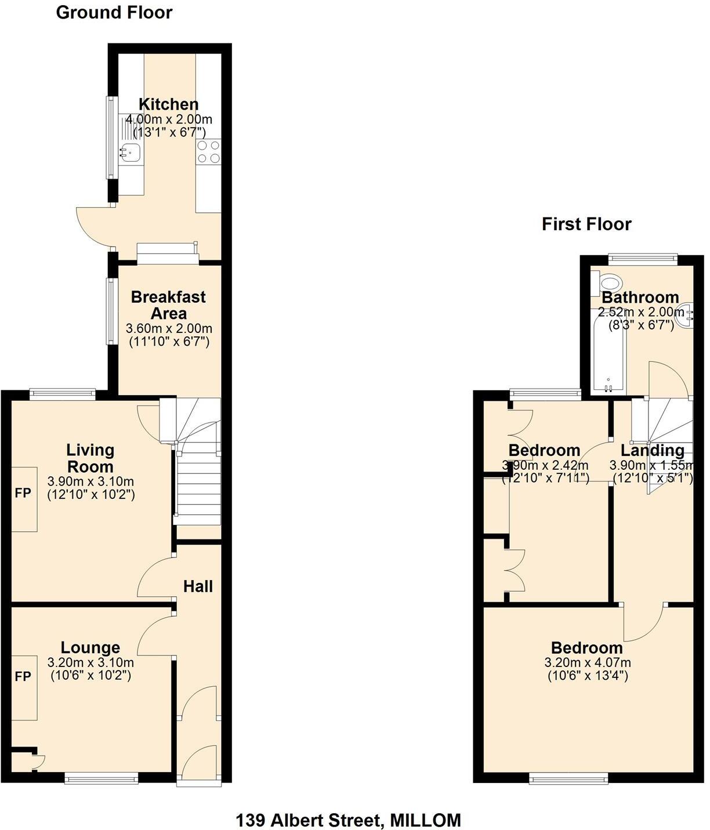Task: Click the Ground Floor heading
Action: tap(114, 13)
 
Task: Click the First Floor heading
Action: tap(586, 224)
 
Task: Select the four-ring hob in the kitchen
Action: tap(208, 152)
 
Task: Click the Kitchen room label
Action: tap(168, 104)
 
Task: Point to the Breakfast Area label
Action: tap(168, 305)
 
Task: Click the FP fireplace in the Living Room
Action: tap(23, 494)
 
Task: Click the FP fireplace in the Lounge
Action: tap(23, 677)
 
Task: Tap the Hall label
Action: tap(198, 586)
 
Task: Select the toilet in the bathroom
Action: tap(608, 284)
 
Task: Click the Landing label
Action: tap(652, 451)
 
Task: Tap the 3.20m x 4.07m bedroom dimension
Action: tap(587, 663)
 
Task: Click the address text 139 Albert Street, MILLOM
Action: tap(348, 820)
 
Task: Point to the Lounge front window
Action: tap(101, 779)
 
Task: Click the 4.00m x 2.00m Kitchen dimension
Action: tap(169, 120)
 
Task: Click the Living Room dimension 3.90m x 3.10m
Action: tap(90, 481)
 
